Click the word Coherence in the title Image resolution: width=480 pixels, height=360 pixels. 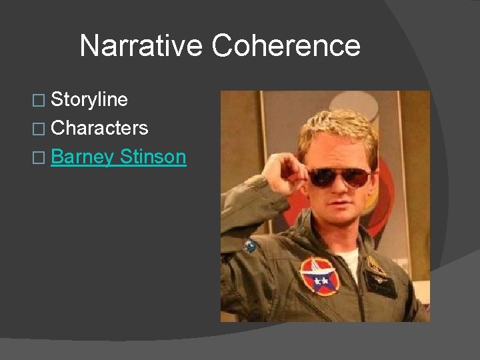click(287, 46)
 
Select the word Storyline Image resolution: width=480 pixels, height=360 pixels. click(89, 100)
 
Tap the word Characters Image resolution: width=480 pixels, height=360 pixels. click(99, 128)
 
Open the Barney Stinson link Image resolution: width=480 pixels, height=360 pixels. click(118, 157)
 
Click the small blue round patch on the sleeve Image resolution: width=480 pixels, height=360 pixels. click(251, 247)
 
